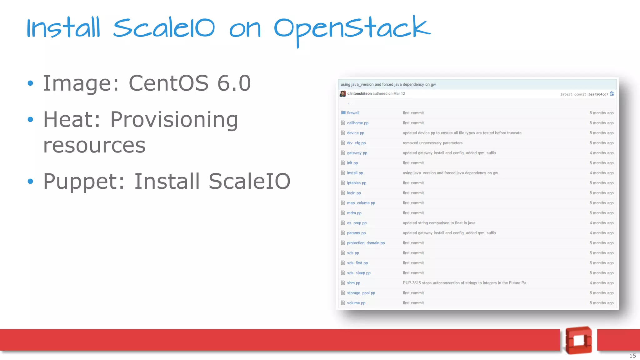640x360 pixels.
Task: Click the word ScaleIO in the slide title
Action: [164, 28]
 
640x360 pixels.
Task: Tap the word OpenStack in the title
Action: [352, 29]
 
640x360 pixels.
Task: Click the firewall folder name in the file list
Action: [353, 113]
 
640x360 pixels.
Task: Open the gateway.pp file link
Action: [357, 153]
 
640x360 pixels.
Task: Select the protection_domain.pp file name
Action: [366, 243]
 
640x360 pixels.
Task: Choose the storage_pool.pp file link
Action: [361, 293]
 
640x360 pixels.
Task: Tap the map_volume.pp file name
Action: [361, 203]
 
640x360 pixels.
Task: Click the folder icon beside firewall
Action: [343, 112]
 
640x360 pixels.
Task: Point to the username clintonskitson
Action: [359, 93]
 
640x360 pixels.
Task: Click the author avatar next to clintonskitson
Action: [343, 93]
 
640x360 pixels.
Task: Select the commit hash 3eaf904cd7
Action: [598, 94]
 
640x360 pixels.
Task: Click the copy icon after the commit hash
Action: [612, 94]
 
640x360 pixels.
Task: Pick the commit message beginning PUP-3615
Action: [466, 283]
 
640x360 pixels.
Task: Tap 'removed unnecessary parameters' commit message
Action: [432, 143]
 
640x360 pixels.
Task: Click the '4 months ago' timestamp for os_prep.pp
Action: [602, 223]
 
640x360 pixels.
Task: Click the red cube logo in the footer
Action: [579, 340]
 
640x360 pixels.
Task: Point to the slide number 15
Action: [632, 356]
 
